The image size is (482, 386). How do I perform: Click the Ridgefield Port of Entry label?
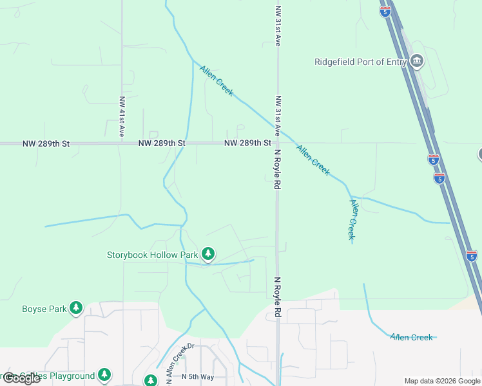pos(360,62)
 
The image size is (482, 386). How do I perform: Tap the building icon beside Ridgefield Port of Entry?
pos(416,62)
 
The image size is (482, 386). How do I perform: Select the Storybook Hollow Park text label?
pos(152,255)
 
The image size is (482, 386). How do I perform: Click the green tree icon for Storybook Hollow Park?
pos(207,254)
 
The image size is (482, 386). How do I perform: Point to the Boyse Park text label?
pos(44,309)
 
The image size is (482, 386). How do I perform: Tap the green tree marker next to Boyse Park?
pos(76,308)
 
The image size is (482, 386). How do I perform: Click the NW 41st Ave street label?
pos(121,117)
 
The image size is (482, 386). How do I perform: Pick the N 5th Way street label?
pos(197,376)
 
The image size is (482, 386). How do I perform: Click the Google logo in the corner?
pos(21,378)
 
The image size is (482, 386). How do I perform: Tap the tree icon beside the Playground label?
pos(104,375)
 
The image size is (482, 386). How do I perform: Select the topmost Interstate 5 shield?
pos(385,12)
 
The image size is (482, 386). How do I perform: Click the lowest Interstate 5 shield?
pos(472,255)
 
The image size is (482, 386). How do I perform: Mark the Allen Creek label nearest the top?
pos(217,81)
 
